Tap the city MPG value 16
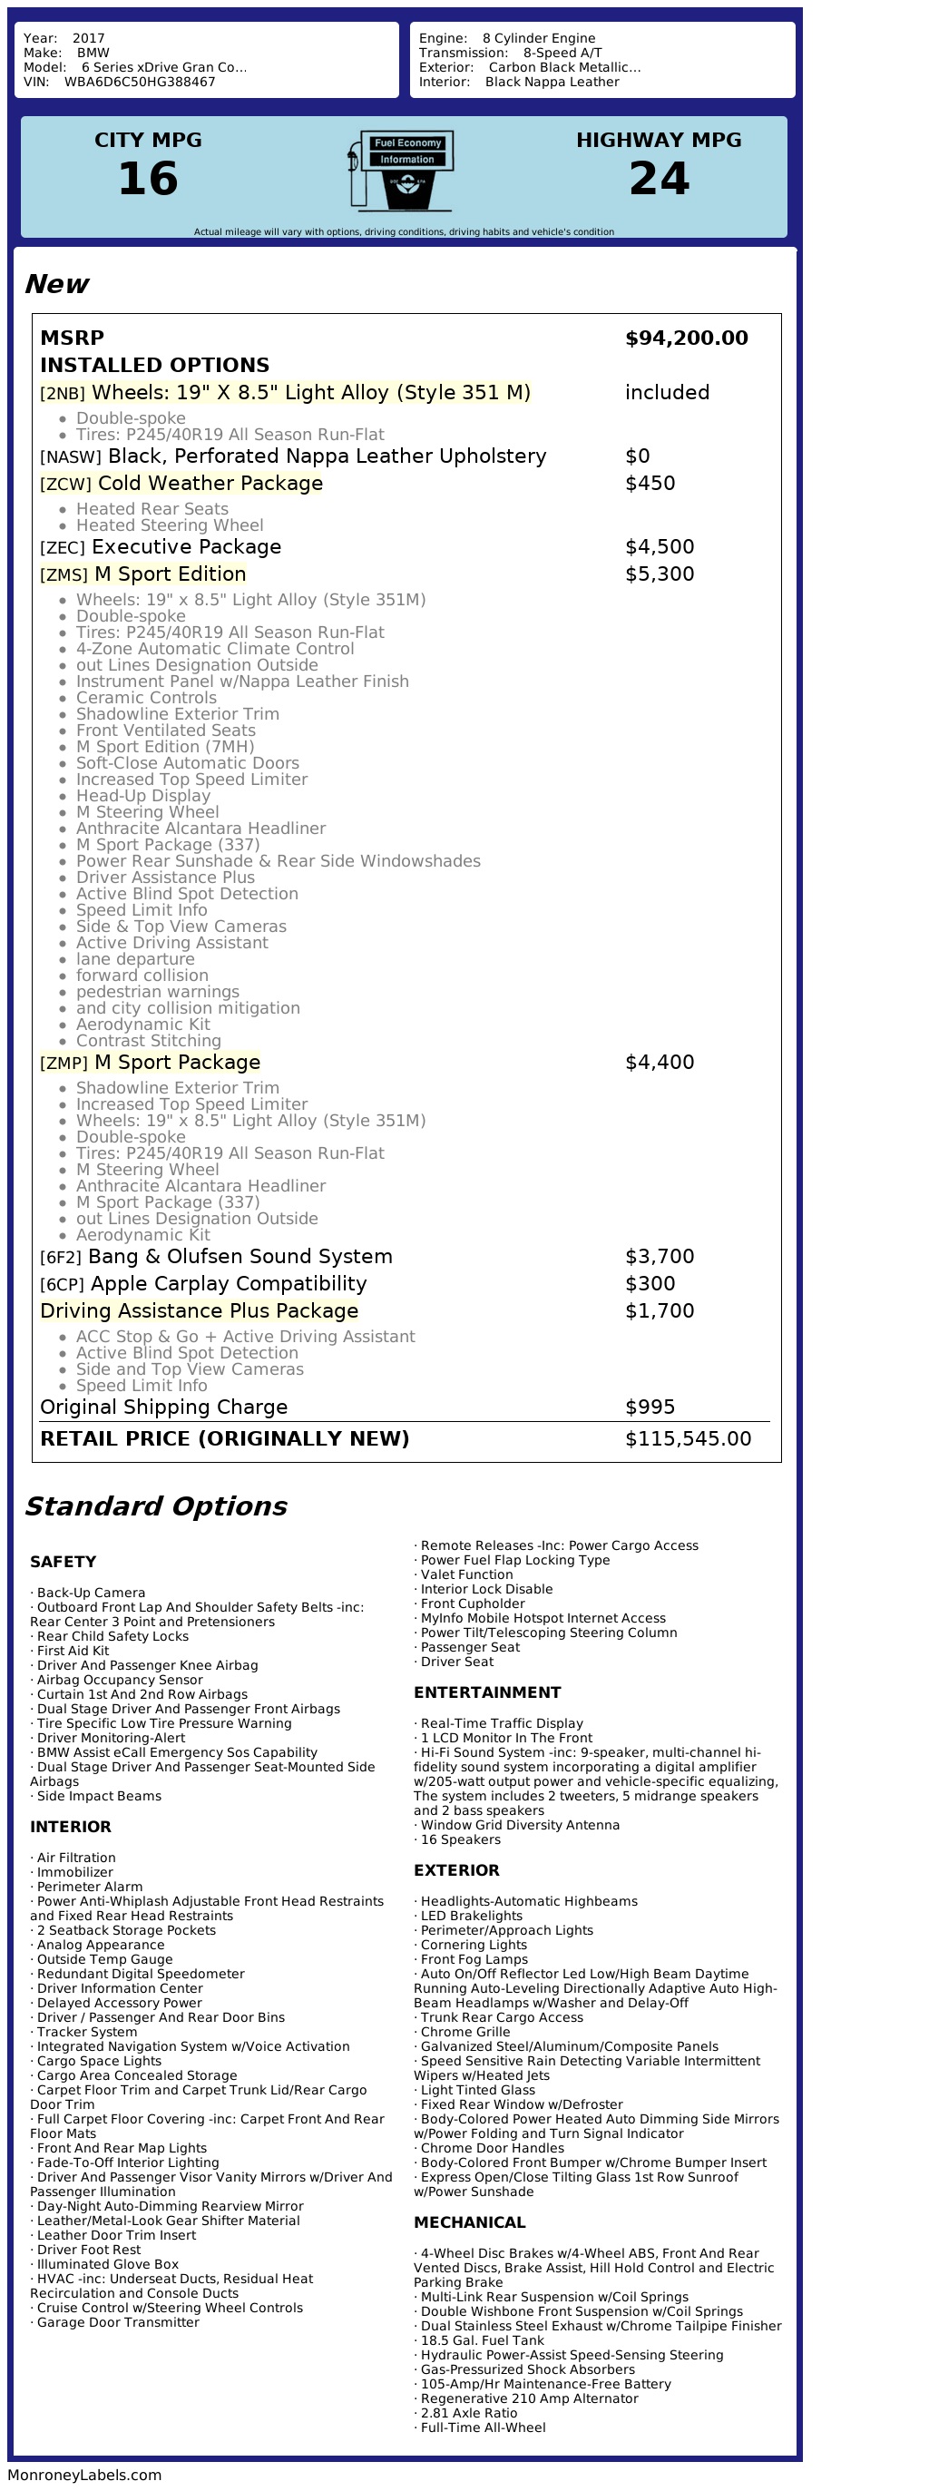[148, 179]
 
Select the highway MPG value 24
[659, 179]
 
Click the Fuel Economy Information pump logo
[401, 172]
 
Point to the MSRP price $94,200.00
[687, 338]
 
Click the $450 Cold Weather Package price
[650, 484]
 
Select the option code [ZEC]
[62, 548]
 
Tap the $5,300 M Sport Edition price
[660, 574]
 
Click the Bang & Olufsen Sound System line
[240, 1257]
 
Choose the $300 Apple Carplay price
[650, 1284]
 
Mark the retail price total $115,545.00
[688, 1439]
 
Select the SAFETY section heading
[63, 1562]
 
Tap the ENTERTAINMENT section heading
[487, 1692]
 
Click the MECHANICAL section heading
[470, 2222]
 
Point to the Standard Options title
[156, 1506]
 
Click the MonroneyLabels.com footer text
[84, 2475]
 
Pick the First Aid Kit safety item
[73, 1651]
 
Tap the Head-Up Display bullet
[143, 796]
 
